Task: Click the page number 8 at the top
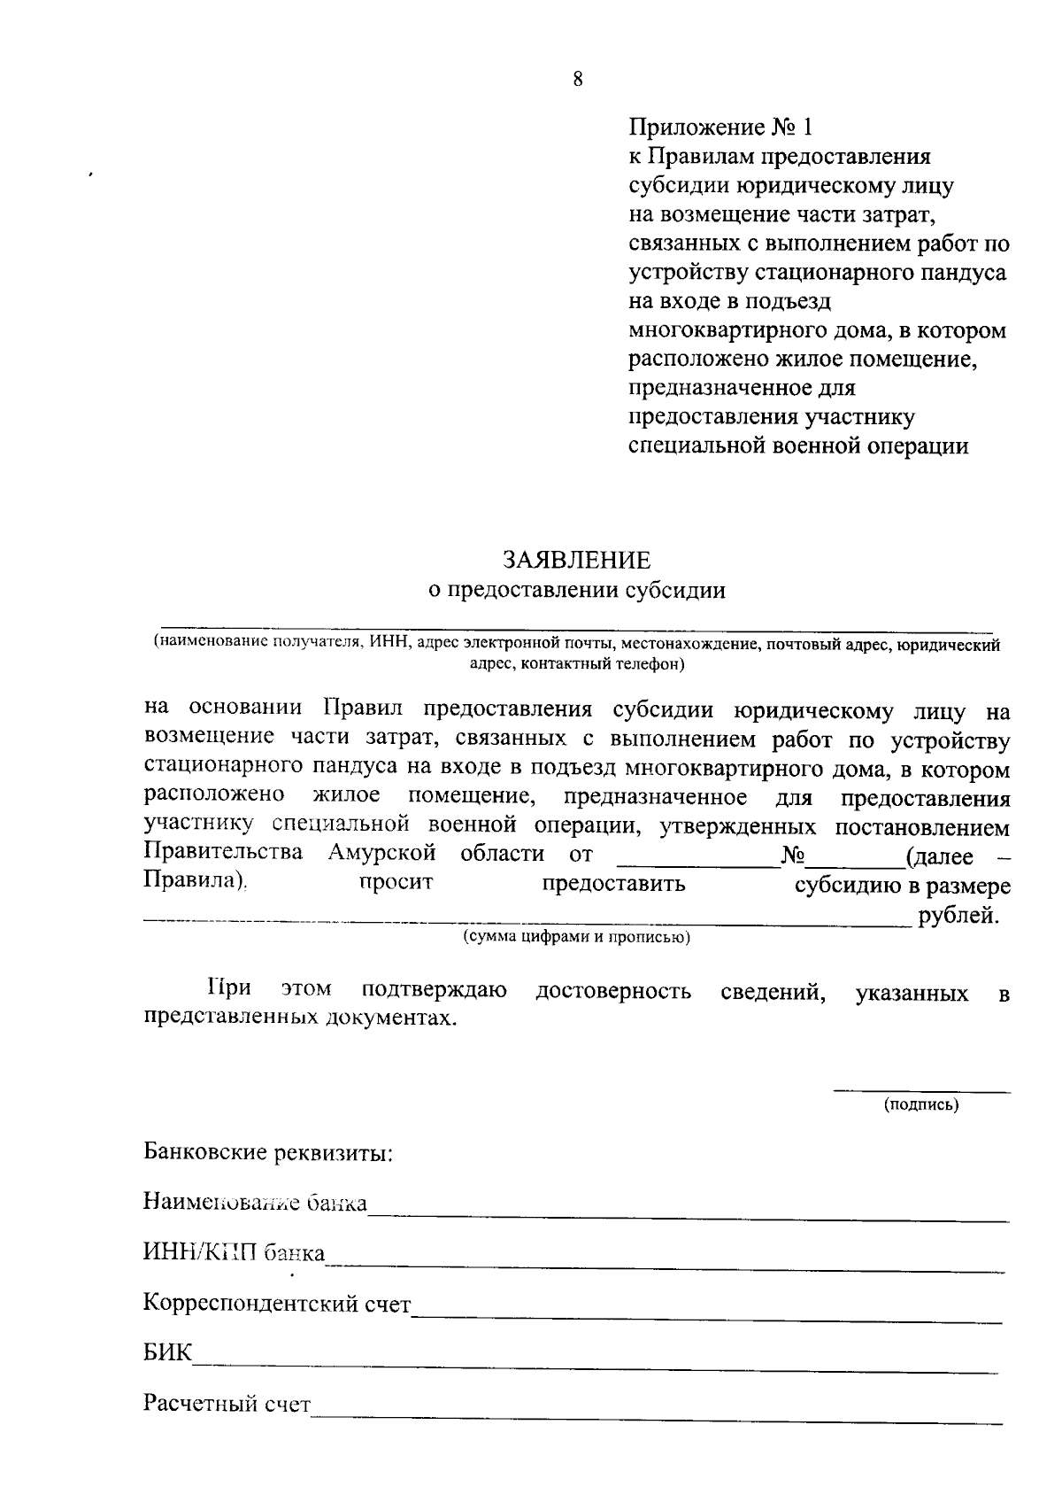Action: tap(578, 80)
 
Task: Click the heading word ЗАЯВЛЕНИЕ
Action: tap(576, 560)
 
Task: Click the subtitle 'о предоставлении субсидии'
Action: tap(576, 591)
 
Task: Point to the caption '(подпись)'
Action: tap(921, 1104)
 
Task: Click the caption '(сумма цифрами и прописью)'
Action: tap(576, 937)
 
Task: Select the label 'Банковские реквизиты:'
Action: tap(268, 1153)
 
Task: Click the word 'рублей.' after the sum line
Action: tap(959, 916)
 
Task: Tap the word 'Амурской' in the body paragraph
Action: tap(381, 853)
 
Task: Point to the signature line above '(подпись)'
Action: tap(921, 1091)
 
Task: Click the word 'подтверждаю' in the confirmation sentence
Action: tap(434, 989)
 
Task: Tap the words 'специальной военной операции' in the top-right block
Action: tap(797, 445)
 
